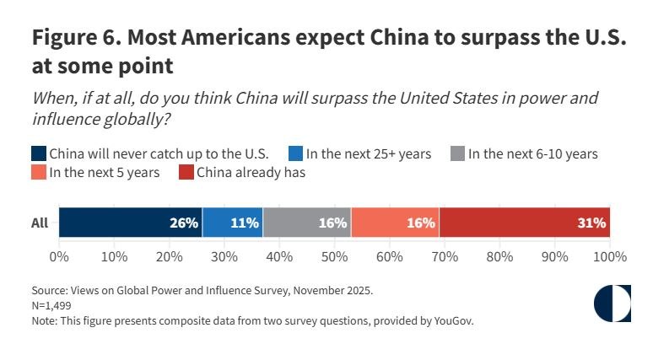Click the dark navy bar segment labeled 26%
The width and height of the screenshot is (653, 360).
coord(131,223)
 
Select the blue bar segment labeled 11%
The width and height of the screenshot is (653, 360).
coord(233,223)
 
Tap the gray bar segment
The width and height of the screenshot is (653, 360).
coord(306,223)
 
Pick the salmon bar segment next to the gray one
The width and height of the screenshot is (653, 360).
coord(395,223)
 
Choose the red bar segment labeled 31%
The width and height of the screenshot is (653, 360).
coord(524,223)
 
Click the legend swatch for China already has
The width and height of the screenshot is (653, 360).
coord(186,173)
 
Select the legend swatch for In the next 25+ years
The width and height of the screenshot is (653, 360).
coord(295,153)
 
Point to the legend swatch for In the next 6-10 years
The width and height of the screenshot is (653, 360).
coord(458,153)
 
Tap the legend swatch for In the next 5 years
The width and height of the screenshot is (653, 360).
coord(39,173)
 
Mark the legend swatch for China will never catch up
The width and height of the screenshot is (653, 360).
coord(39,153)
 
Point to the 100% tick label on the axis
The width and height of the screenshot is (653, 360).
coord(609,255)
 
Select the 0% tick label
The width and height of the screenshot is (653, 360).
coord(59,255)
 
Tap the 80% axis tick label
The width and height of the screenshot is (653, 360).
coord(499,255)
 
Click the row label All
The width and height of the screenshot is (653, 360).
coord(39,223)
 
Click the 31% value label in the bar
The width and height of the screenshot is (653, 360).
coord(591,223)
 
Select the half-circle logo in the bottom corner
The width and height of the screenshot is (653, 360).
coord(613,304)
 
